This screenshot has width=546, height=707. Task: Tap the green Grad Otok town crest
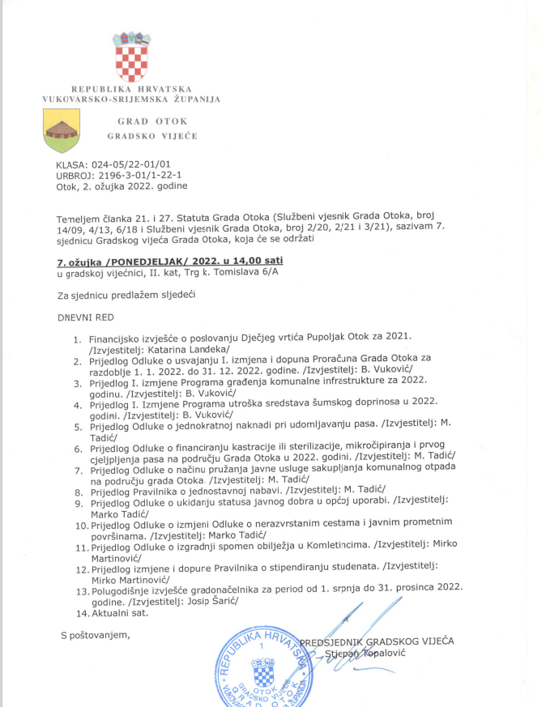[62, 130]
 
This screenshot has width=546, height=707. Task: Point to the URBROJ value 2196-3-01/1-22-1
[133, 175]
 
